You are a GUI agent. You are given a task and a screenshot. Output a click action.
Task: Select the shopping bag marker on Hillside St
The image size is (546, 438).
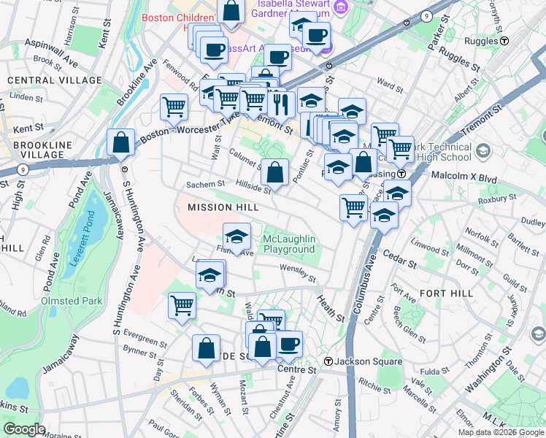[x=274, y=174]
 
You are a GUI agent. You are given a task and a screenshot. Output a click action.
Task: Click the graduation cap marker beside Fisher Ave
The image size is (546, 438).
[x=237, y=237]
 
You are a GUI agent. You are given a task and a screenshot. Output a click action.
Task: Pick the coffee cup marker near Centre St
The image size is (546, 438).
[x=289, y=344]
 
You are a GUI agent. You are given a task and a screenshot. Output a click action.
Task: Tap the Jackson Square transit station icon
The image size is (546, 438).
[x=329, y=361]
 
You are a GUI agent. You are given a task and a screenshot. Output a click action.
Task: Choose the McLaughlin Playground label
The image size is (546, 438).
[x=289, y=245]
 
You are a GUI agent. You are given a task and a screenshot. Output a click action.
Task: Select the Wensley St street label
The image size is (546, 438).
[x=298, y=273]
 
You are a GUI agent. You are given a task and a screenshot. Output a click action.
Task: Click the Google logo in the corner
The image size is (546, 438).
[x=24, y=429]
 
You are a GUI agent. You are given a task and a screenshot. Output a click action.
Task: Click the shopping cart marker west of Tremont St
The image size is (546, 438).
[x=174, y=107]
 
